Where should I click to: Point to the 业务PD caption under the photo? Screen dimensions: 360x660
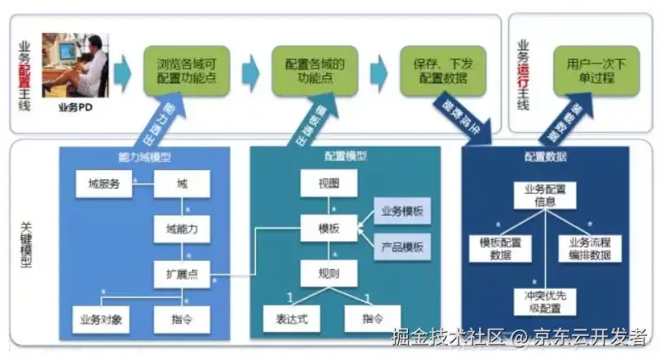(x=74, y=108)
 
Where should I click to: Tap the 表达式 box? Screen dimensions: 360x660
(x=291, y=319)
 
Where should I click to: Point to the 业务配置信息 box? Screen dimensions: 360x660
(x=544, y=195)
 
